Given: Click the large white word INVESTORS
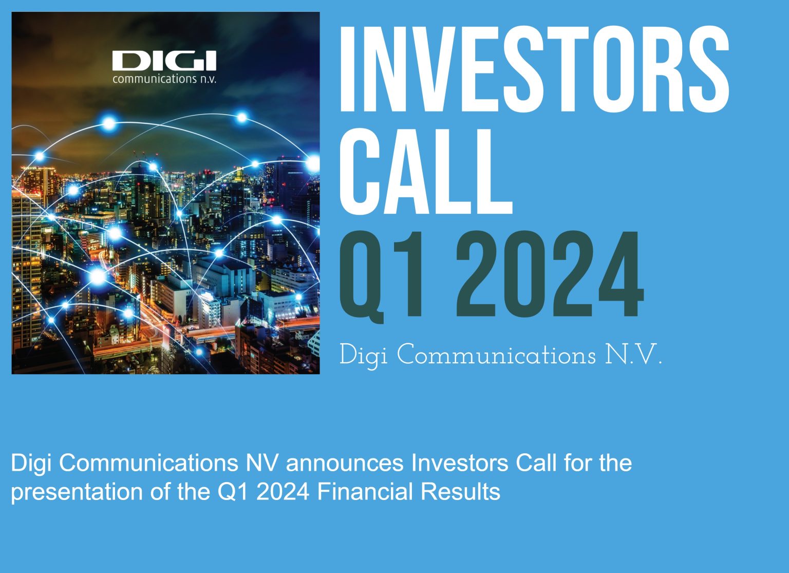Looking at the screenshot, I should pos(533,68).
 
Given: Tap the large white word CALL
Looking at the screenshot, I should pos(425,171).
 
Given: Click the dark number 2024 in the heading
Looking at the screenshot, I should pos(549,275).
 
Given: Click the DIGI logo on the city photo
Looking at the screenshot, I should pos(164,61).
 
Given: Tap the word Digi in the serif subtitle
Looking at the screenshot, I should pos(363,356).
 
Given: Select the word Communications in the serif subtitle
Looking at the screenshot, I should pos(496,356).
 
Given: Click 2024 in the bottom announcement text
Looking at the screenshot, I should pos(283,492).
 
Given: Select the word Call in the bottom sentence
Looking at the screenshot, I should pos(536,463).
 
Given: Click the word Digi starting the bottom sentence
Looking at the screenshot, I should pos(31,463).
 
